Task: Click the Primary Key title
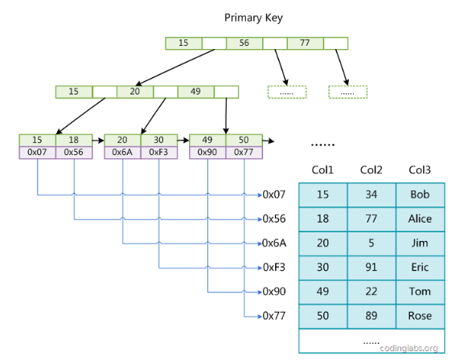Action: click(253, 18)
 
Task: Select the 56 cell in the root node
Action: click(244, 43)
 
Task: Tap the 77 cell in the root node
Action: click(305, 43)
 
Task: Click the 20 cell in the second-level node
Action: click(135, 92)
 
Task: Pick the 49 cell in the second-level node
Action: click(195, 92)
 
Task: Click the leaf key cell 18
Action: click(74, 140)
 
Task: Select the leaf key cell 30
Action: click(158, 140)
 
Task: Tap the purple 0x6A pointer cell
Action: click(122, 153)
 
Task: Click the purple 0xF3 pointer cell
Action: click(158, 153)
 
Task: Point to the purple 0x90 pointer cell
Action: click(207, 153)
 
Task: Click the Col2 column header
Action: click(371, 170)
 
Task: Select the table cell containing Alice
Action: click(421, 219)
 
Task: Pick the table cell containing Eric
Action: click(421, 268)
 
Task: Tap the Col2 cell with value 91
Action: click(372, 268)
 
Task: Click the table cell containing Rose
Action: click(421, 316)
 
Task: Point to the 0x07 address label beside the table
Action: click(274, 194)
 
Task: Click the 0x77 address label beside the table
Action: click(274, 316)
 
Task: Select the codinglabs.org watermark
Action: click(409, 348)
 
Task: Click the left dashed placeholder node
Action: click(287, 92)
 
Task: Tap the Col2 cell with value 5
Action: click(372, 243)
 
